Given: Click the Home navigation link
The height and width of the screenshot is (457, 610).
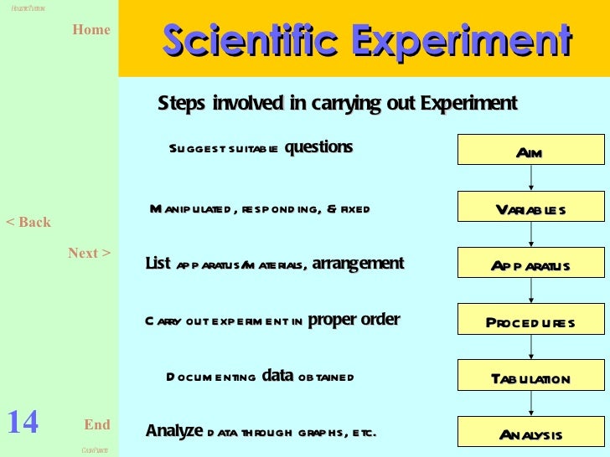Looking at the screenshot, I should [91, 30].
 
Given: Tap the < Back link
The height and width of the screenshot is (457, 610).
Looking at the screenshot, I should [28, 223].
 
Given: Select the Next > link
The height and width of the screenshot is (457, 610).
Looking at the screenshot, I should [89, 253].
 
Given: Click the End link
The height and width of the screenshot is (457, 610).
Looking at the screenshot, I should [97, 424].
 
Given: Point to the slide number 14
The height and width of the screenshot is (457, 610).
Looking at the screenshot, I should [23, 423].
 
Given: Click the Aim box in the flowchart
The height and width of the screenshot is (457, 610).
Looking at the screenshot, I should [530, 151].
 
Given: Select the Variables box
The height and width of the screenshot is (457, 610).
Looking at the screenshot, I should [530, 208].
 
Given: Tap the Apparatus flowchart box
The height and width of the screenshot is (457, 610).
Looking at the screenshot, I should [530, 265].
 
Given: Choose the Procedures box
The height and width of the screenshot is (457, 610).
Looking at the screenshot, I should [530, 322].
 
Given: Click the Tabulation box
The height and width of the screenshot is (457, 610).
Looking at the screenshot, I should [530, 378].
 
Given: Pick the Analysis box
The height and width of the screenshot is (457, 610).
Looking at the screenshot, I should [530, 434].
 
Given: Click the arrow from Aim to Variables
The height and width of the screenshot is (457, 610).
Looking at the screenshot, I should [530, 179].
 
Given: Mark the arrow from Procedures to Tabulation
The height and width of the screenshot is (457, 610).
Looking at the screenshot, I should [530, 350].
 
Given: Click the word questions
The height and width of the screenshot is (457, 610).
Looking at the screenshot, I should [318, 147].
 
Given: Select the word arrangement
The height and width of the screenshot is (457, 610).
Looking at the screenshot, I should [358, 264].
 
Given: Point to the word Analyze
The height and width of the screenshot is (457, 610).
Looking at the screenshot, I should [174, 431].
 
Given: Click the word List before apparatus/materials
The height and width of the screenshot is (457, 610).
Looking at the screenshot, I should [158, 264].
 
